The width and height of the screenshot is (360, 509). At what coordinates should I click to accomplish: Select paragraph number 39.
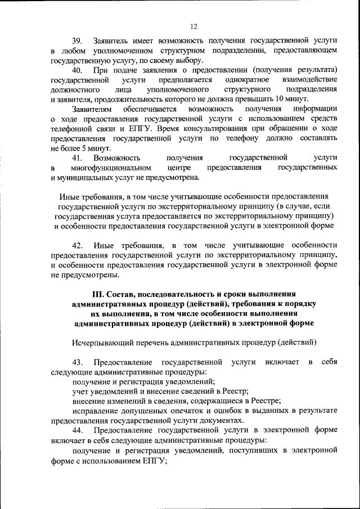[x=77, y=41]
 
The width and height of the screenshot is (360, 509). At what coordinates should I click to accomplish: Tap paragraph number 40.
[x=77, y=70]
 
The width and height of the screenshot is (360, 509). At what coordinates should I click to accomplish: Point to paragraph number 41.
[x=77, y=158]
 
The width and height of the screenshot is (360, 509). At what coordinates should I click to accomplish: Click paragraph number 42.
[x=77, y=245]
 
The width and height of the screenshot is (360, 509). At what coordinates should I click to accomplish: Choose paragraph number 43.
[x=77, y=362]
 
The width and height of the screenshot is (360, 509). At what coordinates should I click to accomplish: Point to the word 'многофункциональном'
[x=111, y=168]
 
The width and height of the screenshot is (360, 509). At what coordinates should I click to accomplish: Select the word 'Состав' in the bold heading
[x=123, y=294]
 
